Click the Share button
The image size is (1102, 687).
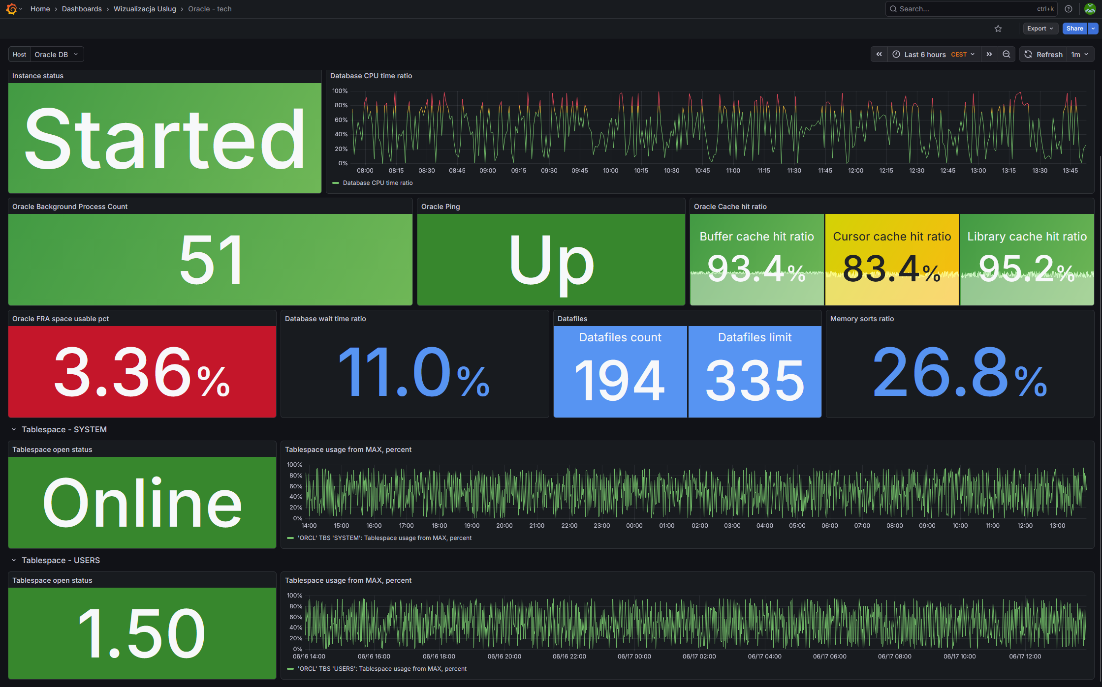(1074, 29)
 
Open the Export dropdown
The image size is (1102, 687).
(1040, 29)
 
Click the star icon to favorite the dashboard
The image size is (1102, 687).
(998, 29)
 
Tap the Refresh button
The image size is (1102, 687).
(1044, 55)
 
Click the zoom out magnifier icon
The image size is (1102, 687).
(1007, 55)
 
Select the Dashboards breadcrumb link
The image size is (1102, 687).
(82, 9)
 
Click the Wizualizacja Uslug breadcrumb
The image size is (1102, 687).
(145, 9)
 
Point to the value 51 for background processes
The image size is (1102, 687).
(211, 260)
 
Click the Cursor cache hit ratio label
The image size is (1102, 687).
(892, 237)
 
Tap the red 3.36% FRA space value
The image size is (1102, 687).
(142, 372)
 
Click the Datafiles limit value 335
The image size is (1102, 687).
(755, 380)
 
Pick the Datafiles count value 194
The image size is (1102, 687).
(620, 380)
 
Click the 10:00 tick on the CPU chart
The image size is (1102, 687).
(610, 171)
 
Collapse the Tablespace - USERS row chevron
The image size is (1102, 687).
(14, 560)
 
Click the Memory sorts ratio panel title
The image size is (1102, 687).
(862, 319)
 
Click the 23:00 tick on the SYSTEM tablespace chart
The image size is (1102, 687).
(601, 526)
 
